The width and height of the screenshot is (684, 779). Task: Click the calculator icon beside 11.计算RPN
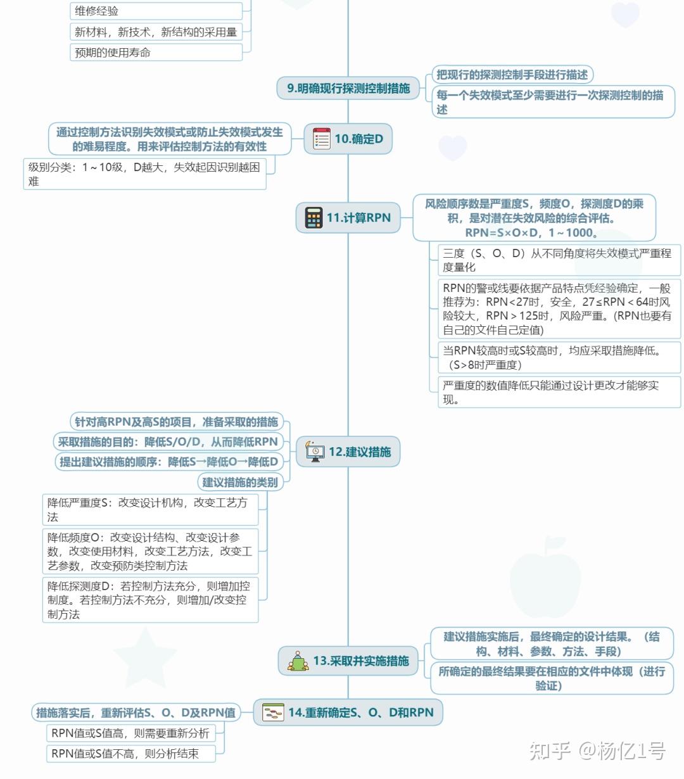[x=313, y=218]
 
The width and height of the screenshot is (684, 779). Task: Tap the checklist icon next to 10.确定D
[x=322, y=139]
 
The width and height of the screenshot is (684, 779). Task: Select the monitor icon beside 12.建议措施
[x=315, y=452]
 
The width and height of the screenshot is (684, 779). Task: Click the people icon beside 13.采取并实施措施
[x=298, y=661]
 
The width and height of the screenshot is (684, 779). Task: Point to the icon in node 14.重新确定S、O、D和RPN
[x=273, y=713]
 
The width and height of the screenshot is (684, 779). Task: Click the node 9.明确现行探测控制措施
[x=348, y=88]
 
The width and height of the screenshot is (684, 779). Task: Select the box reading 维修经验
[x=156, y=11]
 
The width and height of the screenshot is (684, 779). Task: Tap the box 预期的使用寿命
[x=156, y=52]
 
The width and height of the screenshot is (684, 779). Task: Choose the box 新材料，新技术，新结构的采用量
[x=156, y=32]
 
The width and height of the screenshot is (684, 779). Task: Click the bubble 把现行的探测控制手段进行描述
[x=512, y=75]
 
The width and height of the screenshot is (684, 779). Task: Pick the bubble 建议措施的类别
[x=240, y=482]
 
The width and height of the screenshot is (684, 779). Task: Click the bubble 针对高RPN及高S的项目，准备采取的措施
[x=176, y=422]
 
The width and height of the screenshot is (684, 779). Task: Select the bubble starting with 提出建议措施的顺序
[x=168, y=462]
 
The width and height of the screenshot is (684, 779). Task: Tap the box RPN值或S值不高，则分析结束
[x=131, y=753]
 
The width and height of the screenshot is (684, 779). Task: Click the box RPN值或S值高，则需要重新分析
[x=131, y=733]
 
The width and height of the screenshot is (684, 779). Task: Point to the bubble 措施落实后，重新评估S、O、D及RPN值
[x=136, y=712]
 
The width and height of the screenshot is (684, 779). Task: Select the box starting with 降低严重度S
[x=154, y=509]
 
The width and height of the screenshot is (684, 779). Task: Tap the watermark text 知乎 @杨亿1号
[x=597, y=751]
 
